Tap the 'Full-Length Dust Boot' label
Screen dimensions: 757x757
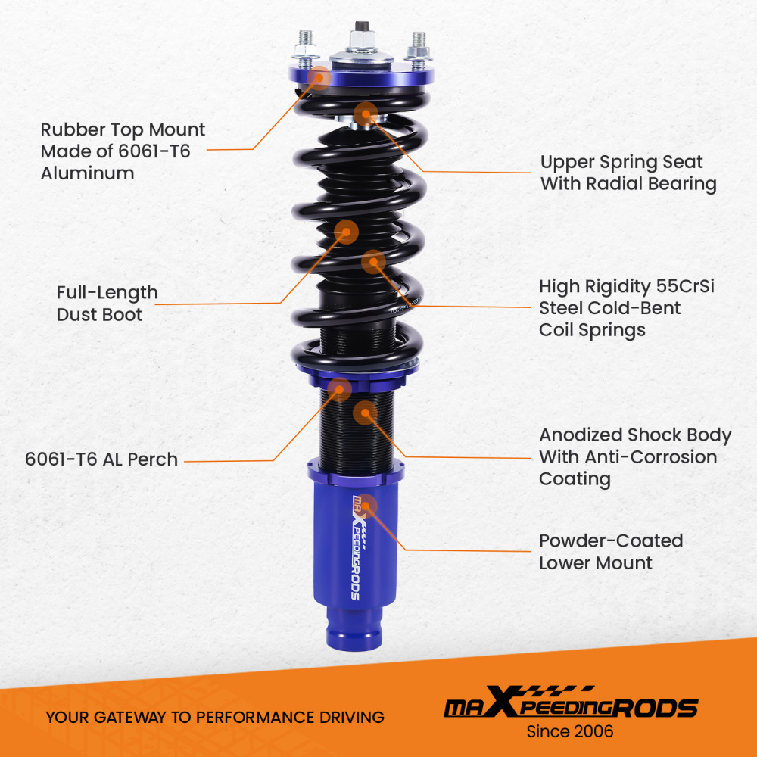point(107,304)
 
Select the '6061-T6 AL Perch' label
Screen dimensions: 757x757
point(101,459)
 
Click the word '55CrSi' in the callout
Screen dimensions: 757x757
point(685,286)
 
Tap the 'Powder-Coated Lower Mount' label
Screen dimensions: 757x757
point(611,552)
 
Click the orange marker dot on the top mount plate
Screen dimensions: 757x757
point(318,77)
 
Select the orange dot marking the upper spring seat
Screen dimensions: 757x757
point(366,114)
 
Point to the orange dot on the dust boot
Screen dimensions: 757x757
point(346,232)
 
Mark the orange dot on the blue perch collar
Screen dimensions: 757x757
point(339,390)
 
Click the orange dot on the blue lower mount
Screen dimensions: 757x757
point(366,506)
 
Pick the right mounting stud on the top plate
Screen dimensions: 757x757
point(418,51)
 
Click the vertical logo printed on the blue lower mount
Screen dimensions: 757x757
point(359,547)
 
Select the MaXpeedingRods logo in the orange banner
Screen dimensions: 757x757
point(571,702)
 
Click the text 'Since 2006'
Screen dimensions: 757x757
point(570,731)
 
